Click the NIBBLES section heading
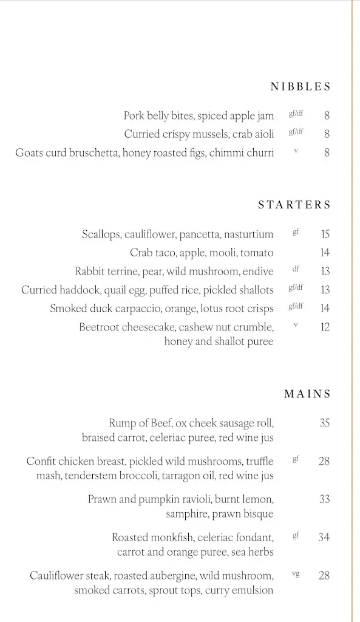[x=301, y=87]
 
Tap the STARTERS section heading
[x=294, y=205]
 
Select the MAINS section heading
[x=307, y=394]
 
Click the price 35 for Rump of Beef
[x=325, y=423]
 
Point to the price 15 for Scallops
[x=325, y=234]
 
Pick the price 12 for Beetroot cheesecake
[x=325, y=327]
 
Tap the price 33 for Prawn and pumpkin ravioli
[x=325, y=499]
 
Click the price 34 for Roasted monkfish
[x=325, y=537]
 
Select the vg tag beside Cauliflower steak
[x=296, y=573]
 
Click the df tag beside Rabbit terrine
[x=296, y=269]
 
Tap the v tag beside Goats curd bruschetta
[x=296, y=151]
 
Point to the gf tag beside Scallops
[x=296, y=232]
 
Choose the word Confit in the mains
[x=41, y=462]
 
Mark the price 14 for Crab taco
[x=325, y=253]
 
